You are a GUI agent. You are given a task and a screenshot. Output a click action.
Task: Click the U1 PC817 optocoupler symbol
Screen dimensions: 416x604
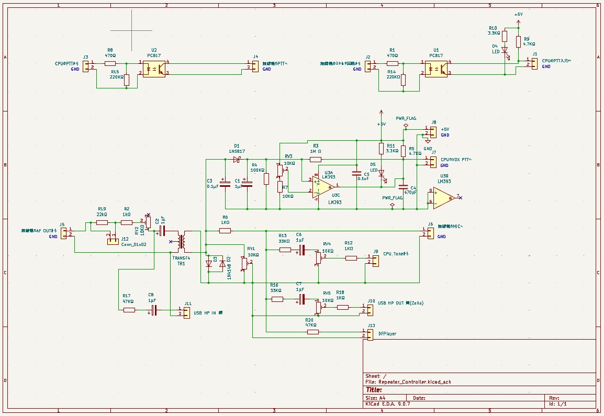436,69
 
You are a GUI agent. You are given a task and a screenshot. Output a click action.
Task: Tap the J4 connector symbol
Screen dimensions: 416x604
255,66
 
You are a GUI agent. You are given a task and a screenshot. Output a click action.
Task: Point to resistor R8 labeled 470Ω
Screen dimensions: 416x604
110,63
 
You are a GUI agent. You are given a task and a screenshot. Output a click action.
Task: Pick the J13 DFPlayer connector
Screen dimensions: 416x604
370,334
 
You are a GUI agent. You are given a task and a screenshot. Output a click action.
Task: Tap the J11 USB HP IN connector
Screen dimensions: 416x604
187,310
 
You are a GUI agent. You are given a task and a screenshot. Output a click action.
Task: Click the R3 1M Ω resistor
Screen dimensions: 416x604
315,159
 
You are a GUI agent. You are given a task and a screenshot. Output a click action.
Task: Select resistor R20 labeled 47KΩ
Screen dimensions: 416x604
312,332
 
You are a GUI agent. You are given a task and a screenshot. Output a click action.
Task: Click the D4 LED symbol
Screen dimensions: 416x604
505,51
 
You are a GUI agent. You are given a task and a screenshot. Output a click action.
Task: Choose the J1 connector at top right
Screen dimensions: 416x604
534,63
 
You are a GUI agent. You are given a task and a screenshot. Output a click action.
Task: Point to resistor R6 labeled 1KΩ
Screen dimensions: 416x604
225,230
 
